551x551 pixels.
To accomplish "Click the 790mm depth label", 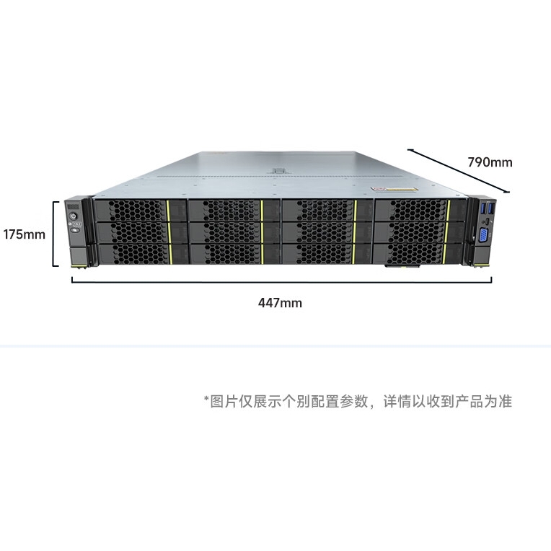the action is (490, 162).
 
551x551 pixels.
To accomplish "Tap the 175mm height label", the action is (25, 234).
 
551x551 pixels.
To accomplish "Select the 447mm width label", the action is (280, 303).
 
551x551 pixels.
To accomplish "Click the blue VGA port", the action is (482, 235).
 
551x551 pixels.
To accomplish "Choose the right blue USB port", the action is (492, 208).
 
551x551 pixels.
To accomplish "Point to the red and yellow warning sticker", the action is (394, 189).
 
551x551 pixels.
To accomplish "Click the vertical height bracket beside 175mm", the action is (54, 234).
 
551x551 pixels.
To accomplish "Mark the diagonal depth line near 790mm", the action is (458, 170).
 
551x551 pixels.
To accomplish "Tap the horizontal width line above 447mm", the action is (281, 281).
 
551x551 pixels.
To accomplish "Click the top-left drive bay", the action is (140, 211).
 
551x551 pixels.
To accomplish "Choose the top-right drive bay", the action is (421, 211).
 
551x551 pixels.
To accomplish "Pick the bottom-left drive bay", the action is (143, 254).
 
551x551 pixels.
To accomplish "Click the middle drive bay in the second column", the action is (234, 233).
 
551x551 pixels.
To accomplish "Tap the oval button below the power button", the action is (75, 230).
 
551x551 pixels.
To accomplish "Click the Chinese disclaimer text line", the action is (358, 401).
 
